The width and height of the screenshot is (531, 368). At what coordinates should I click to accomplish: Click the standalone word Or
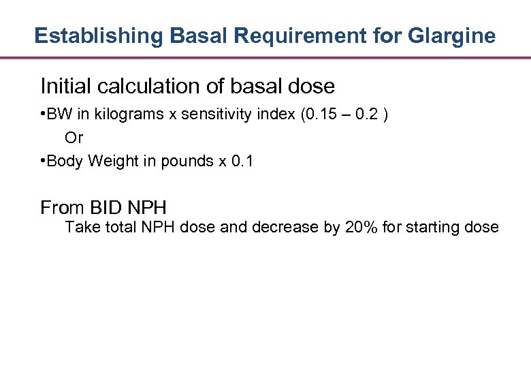tap(74, 138)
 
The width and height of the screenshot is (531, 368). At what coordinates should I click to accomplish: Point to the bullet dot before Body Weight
tap(43, 162)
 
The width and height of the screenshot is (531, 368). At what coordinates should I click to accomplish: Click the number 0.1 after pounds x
tap(242, 162)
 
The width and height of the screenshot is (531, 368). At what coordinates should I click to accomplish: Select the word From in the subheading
tap(60, 206)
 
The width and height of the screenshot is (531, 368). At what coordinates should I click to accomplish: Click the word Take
tap(82, 228)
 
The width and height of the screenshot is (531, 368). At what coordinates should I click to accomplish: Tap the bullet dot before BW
tap(43, 114)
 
